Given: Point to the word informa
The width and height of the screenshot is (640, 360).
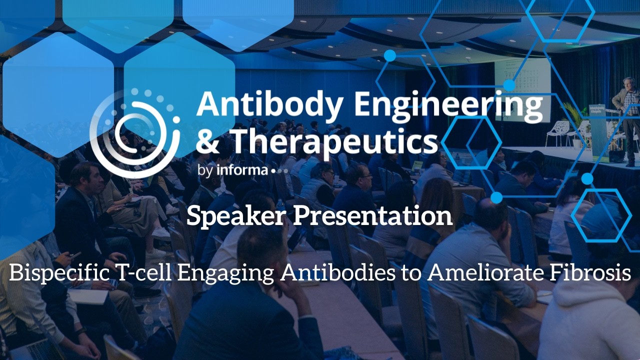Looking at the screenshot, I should coord(242,170).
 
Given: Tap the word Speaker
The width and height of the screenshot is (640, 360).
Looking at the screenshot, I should coord(235,216).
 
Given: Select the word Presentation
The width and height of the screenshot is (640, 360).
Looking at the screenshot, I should coord(372,216).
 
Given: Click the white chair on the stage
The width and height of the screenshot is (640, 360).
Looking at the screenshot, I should coord(557,133).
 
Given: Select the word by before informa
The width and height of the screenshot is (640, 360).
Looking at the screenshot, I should coord(205,171).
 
